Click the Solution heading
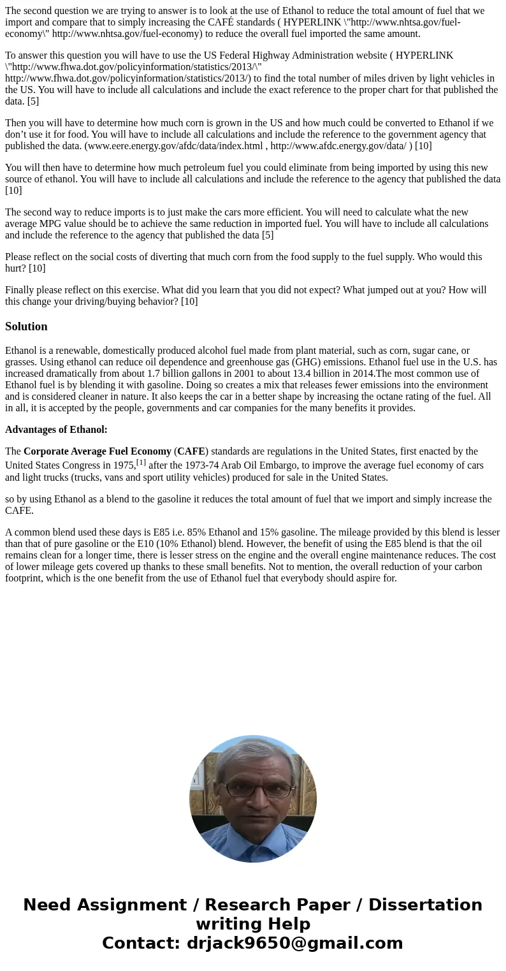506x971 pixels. [x=26, y=326]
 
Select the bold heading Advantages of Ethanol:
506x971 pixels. [x=56, y=430]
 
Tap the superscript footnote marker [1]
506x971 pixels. [x=141, y=462]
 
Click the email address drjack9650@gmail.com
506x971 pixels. [x=294, y=943]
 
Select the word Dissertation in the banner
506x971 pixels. [x=425, y=905]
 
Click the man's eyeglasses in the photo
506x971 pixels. [x=258, y=789]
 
